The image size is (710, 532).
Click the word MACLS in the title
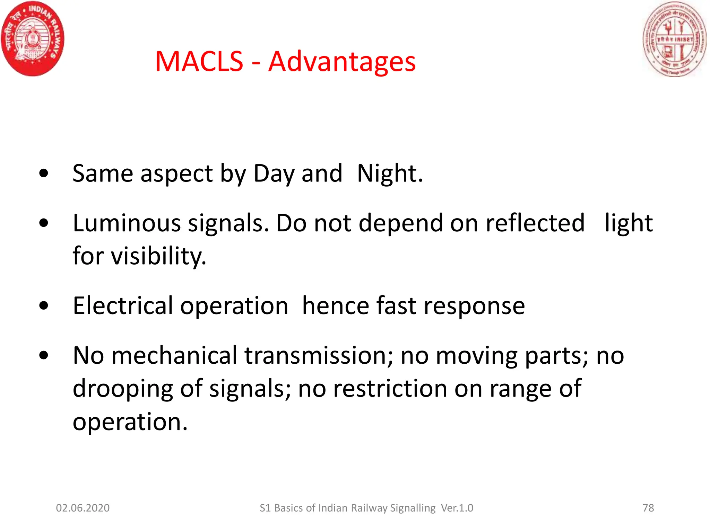199,62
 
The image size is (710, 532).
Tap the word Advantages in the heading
342,62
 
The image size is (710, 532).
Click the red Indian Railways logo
33,39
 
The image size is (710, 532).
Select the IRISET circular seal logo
675,39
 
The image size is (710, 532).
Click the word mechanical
174,356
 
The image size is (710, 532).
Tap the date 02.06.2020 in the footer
83,508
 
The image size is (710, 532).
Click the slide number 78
648,508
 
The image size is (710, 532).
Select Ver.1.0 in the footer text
457,508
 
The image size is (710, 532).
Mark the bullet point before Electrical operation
44,306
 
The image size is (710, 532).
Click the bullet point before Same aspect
44,173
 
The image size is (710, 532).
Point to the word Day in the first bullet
274,174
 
